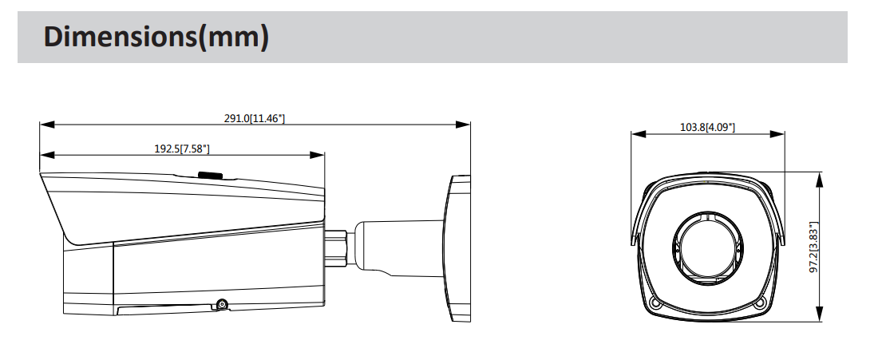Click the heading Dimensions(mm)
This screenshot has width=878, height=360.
point(155,37)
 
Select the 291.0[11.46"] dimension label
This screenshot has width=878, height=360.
point(255,118)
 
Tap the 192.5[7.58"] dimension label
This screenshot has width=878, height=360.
point(182,148)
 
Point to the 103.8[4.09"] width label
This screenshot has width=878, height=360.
point(707,127)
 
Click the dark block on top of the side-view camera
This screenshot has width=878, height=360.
point(211,175)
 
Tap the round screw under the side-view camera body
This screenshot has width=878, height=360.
point(221,304)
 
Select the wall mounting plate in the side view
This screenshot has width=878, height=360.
point(457,248)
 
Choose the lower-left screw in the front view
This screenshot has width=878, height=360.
point(655,303)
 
